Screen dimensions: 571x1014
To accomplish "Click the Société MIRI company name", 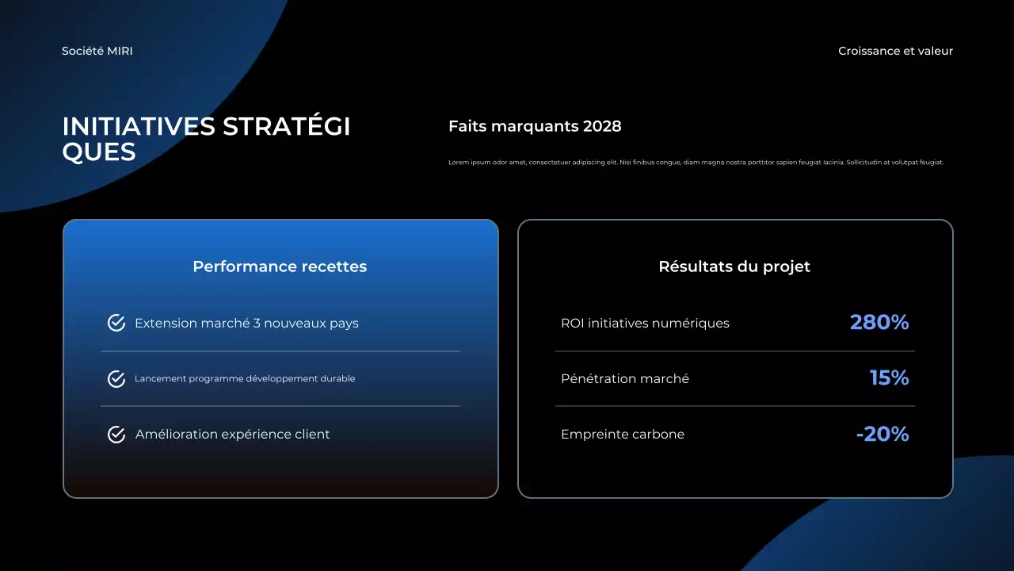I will tap(97, 51).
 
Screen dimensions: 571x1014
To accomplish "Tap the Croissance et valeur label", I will tap(895, 51).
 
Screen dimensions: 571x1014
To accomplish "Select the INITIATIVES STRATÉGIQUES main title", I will tap(206, 139).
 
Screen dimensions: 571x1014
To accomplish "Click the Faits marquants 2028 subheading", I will tap(535, 126).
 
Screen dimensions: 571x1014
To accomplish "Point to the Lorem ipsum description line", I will tap(696, 163).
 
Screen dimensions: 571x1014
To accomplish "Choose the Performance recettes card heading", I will tap(280, 266).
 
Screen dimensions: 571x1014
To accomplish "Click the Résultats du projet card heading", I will tap(734, 266).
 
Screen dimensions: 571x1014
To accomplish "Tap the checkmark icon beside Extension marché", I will tap(116, 323).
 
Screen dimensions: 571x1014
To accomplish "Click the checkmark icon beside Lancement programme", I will tap(116, 379).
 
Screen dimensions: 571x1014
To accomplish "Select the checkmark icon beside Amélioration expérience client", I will tap(116, 435).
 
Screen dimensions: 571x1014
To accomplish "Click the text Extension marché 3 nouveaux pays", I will tap(246, 324).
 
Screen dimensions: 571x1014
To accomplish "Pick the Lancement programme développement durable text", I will tap(245, 379).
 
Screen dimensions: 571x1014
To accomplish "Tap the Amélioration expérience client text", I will tap(232, 435).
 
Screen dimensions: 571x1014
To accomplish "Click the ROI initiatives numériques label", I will tap(645, 324).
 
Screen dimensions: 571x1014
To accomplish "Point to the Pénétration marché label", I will tap(625, 379).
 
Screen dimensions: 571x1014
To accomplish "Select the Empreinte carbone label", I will tap(623, 435).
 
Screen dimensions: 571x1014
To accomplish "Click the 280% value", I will tap(879, 323).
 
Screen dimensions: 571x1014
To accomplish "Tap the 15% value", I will tap(889, 378).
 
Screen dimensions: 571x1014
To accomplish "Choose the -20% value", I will tap(882, 434).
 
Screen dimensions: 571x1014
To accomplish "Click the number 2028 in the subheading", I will tap(602, 126).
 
